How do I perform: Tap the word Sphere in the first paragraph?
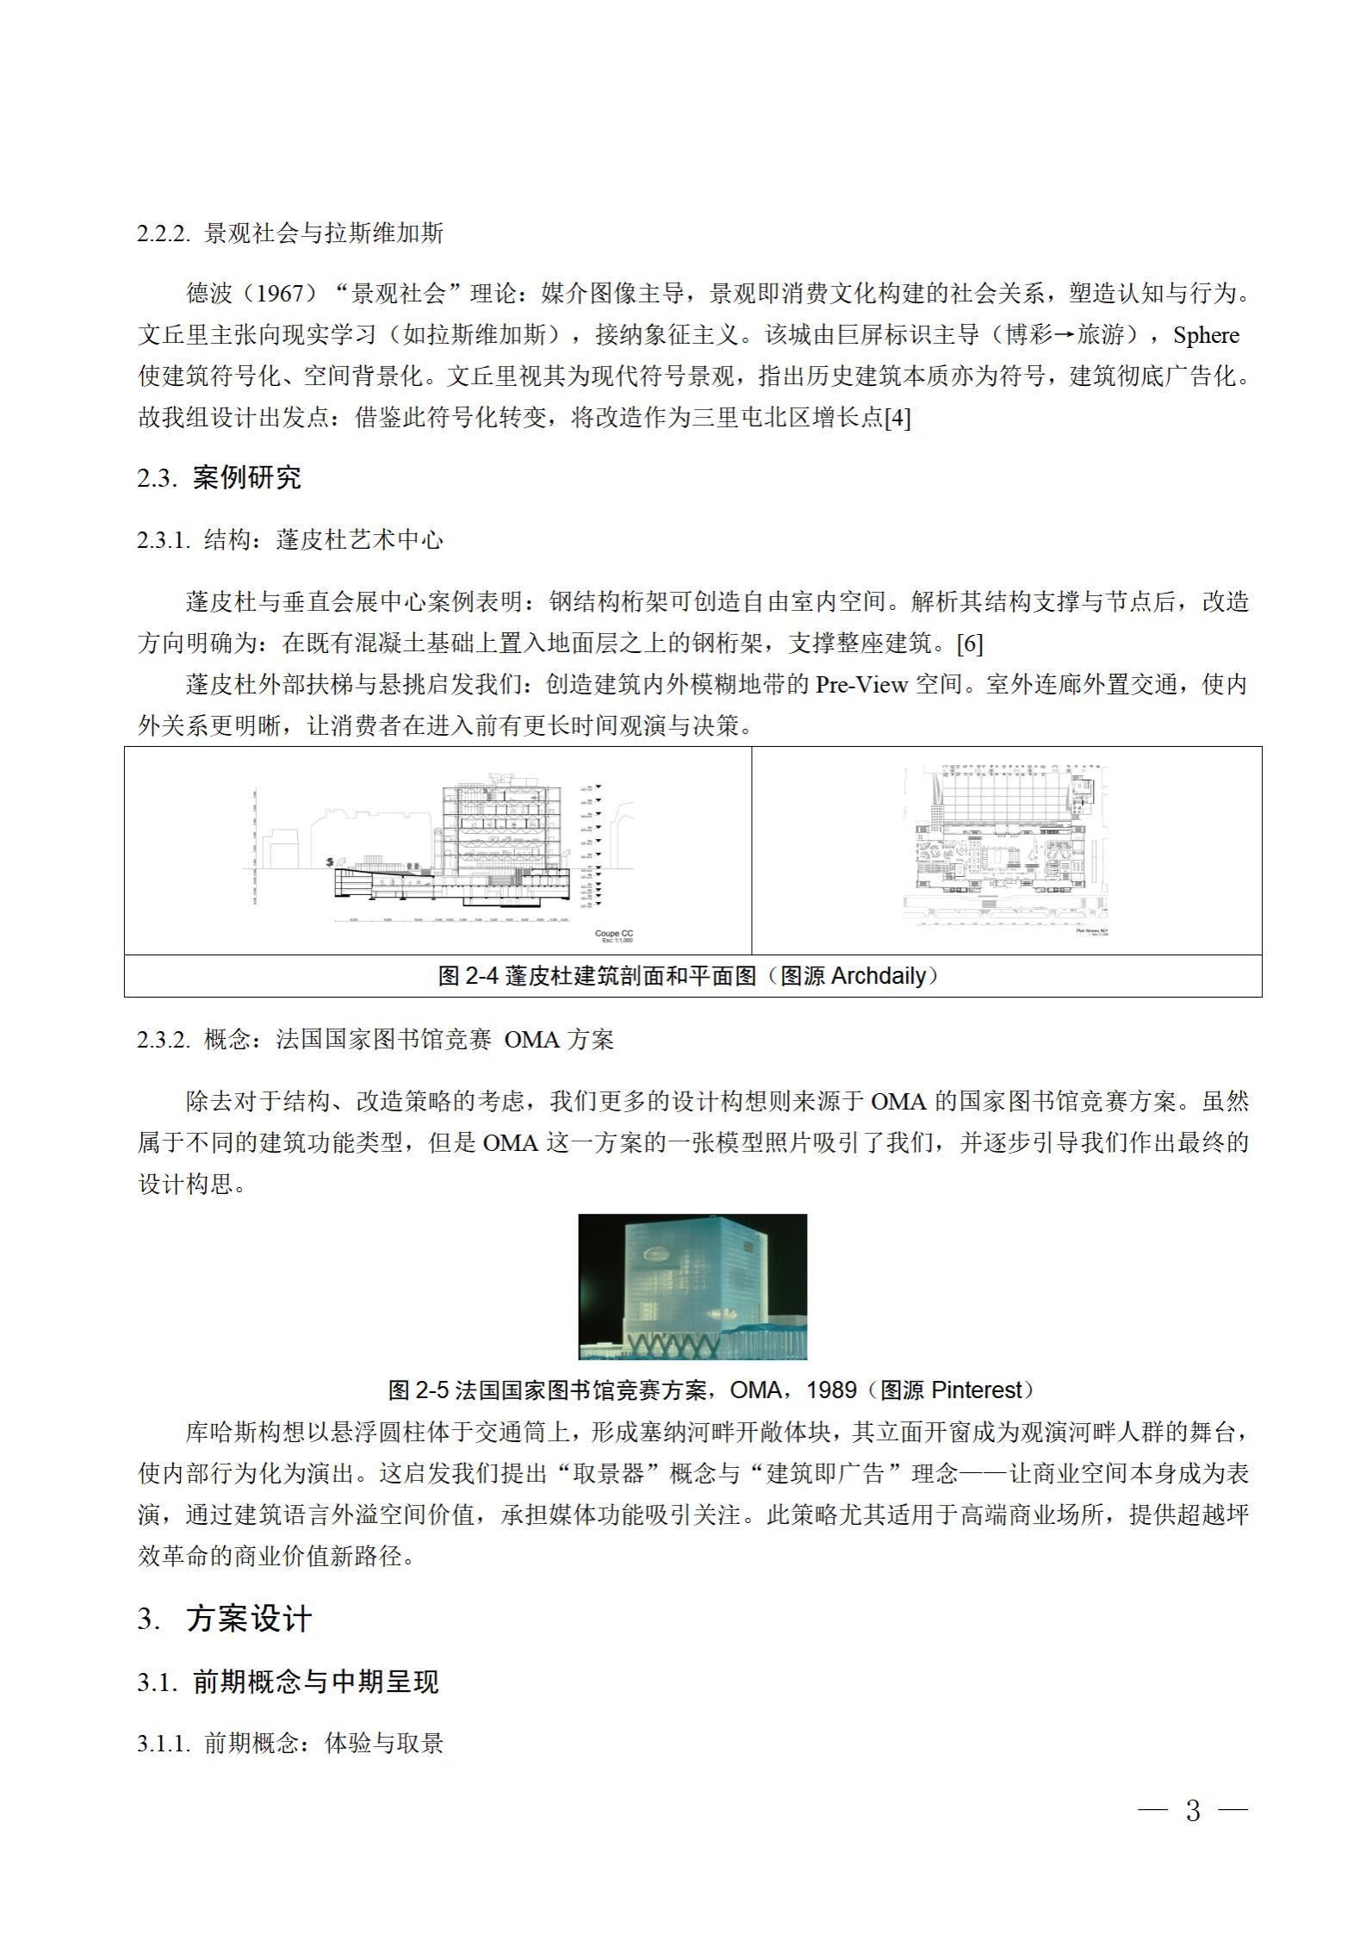click(x=1206, y=335)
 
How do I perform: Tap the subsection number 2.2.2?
click(x=163, y=233)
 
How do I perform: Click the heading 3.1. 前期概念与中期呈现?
click(x=288, y=1682)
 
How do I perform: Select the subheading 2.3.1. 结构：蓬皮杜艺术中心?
click(x=290, y=540)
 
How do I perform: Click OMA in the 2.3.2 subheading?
click(x=531, y=1040)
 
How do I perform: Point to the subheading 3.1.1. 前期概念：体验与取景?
click(x=290, y=1744)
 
